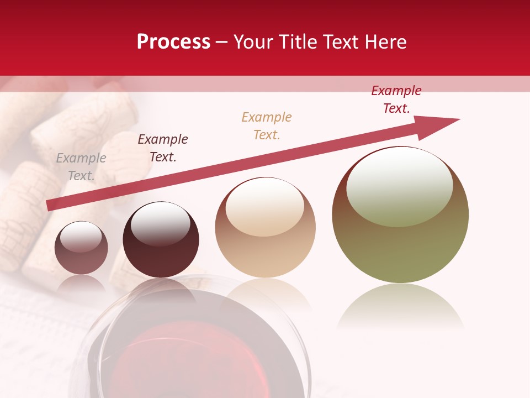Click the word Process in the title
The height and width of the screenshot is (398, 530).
pyautogui.click(x=173, y=42)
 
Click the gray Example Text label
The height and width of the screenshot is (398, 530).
pyautogui.click(x=81, y=167)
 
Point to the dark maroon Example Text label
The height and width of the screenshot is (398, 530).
pyautogui.click(x=163, y=148)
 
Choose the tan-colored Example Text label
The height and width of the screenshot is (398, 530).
pyautogui.click(x=267, y=126)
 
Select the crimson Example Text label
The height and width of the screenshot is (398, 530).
pyautogui.click(x=396, y=99)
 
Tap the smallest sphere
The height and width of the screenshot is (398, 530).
pyautogui.click(x=81, y=248)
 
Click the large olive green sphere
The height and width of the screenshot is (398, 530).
pyautogui.click(x=400, y=243)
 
